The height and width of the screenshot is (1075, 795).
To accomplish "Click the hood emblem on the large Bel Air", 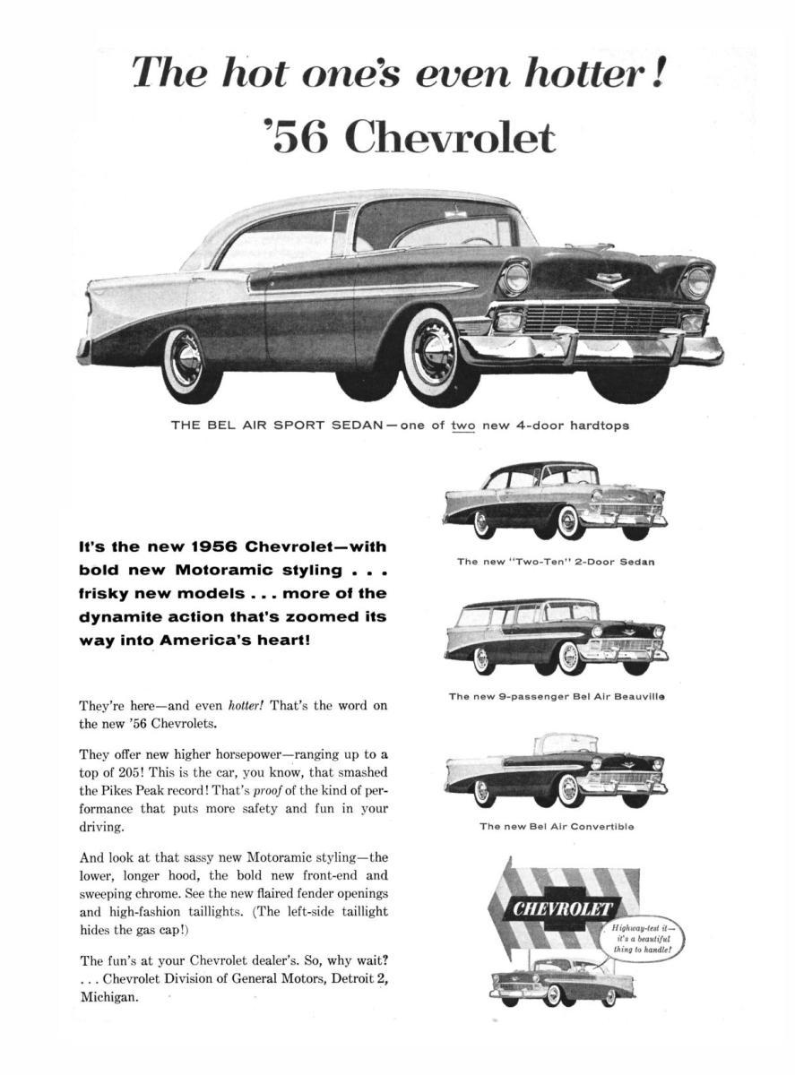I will coord(609,283).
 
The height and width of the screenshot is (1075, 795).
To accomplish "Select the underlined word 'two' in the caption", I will coord(462,425).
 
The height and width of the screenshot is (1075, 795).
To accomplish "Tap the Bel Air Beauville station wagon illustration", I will coord(556,637).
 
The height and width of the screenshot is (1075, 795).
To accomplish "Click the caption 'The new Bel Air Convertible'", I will coord(556,826).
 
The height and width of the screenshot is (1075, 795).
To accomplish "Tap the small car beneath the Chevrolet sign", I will coord(562,980).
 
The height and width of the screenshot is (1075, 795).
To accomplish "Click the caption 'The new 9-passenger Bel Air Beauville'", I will coord(556,695).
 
